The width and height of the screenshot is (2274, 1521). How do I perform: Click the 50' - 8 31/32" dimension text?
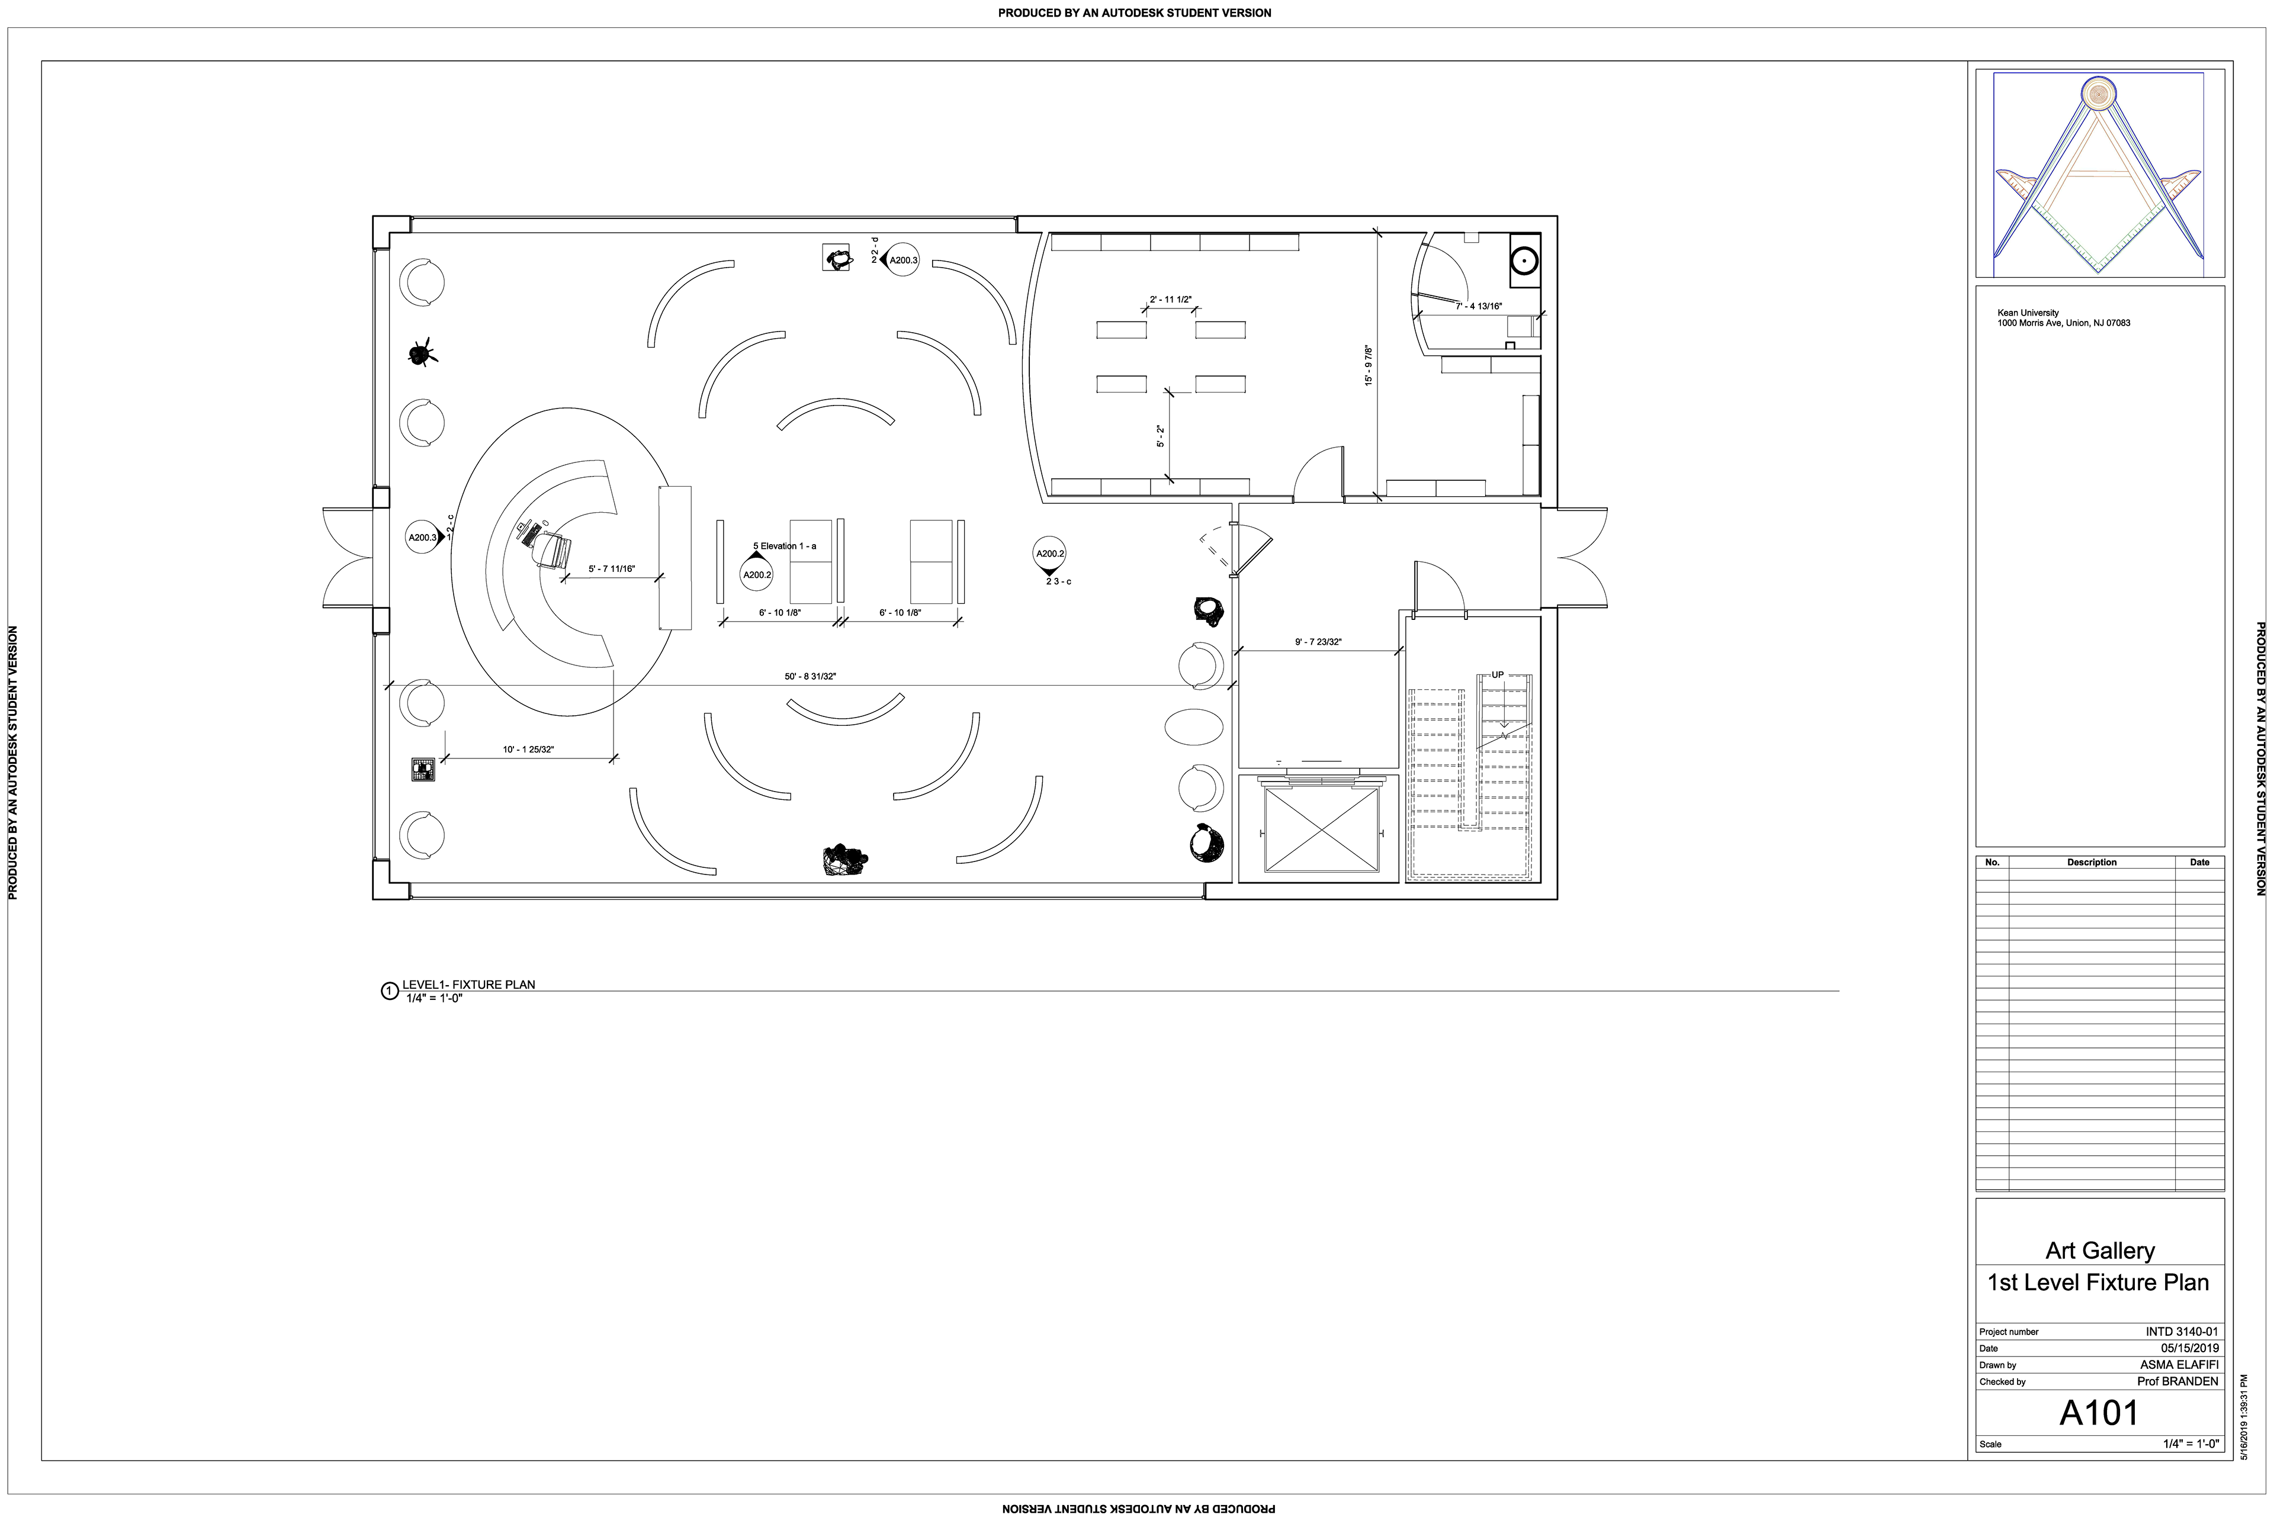click(x=810, y=676)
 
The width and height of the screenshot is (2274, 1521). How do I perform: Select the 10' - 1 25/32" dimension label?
click(x=528, y=750)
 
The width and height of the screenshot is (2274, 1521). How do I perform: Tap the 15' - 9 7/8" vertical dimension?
click(x=1369, y=366)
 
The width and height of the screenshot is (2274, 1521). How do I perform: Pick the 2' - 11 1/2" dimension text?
click(x=1170, y=300)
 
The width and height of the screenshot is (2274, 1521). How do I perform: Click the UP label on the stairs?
click(x=1498, y=675)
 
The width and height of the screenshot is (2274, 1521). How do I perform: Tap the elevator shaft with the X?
click(x=1321, y=829)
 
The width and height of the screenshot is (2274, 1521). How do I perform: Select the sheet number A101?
click(x=2099, y=1413)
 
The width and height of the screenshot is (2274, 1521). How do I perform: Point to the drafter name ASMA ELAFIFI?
click(x=2179, y=1365)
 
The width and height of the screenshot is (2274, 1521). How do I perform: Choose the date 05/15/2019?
click(x=2189, y=1348)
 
